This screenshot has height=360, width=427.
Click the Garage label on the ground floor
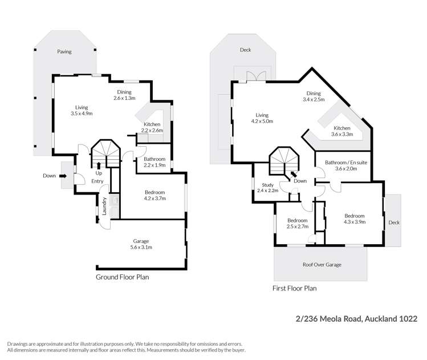(142, 241)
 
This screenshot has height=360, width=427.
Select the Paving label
(64, 52)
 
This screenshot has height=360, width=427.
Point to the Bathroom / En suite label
(345, 162)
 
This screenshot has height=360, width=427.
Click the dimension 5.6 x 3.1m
(142, 248)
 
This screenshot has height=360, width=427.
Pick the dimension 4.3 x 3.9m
(354, 223)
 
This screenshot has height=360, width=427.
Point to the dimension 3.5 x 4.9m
(81, 114)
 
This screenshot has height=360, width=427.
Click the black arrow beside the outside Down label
(63, 176)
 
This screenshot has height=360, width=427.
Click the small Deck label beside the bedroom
(393, 223)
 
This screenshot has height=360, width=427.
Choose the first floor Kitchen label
(342, 128)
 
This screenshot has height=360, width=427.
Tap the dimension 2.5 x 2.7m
(298, 226)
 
